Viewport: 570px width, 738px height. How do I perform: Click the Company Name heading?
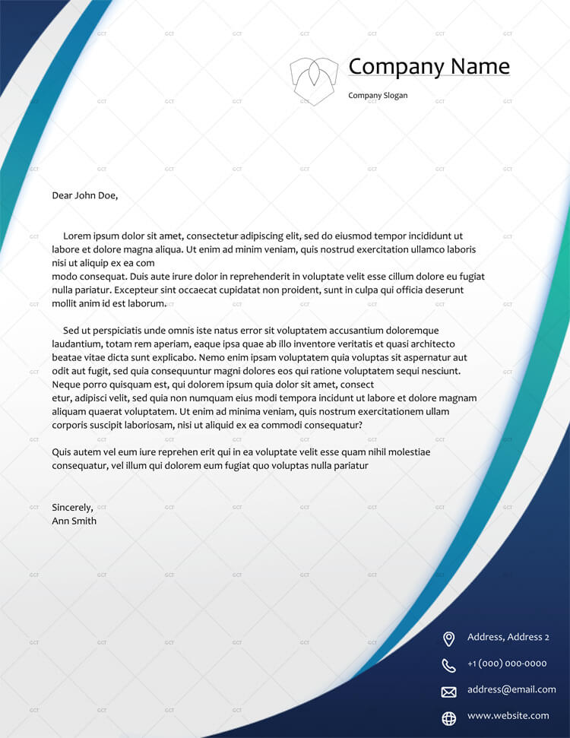click(429, 67)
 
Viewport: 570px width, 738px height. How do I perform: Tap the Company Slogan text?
click(378, 96)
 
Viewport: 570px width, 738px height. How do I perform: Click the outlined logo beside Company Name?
click(313, 80)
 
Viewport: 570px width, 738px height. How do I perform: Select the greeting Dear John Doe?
click(85, 195)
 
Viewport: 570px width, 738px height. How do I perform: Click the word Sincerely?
click(72, 507)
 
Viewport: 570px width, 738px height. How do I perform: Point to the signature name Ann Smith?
click(74, 521)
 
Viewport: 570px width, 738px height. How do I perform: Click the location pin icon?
click(448, 638)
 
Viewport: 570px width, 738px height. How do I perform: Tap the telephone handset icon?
click(448, 665)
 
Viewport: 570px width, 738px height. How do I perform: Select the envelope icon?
click(448, 692)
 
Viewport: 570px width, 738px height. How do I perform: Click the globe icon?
click(448, 717)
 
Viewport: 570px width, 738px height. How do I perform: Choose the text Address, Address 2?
click(508, 637)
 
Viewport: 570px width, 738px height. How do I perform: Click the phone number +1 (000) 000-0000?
click(507, 664)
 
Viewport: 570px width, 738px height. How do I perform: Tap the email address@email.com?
click(511, 689)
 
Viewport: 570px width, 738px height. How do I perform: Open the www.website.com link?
click(508, 715)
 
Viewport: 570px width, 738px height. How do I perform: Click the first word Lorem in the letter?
click(77, 236)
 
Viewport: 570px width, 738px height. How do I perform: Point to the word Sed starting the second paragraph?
click(71, 331)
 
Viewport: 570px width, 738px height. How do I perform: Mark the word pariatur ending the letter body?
click(350, 465)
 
